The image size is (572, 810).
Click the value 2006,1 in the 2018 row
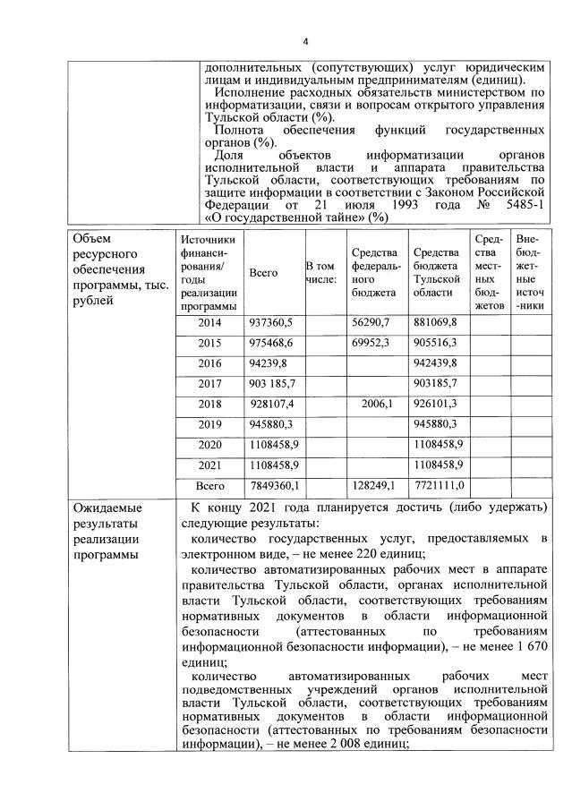[377, 404]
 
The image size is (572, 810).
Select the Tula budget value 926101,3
[436, 404]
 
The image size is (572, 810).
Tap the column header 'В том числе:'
[321, 272]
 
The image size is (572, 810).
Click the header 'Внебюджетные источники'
[528, 272]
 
